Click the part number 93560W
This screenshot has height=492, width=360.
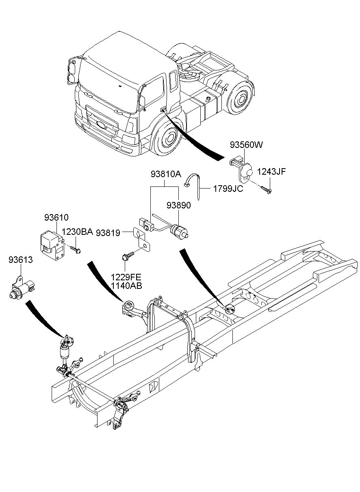click(247, 145)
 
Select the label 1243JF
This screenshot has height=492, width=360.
click(271, 171)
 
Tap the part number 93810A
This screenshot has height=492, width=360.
click(165, 175)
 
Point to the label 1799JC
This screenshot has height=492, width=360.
click(227, 189)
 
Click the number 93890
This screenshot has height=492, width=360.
click(178, 206)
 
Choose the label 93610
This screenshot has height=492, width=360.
click(56, 217)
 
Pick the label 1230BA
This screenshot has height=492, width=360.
click(77, 232)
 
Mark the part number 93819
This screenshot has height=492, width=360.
click(108, 233)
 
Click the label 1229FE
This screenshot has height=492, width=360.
click(127, 277)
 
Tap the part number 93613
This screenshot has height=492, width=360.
click(21, 260)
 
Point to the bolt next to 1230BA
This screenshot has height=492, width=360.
click(75, 249)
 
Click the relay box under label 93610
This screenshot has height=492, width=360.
click(52, 244)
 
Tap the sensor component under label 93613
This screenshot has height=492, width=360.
click(23, 288)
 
